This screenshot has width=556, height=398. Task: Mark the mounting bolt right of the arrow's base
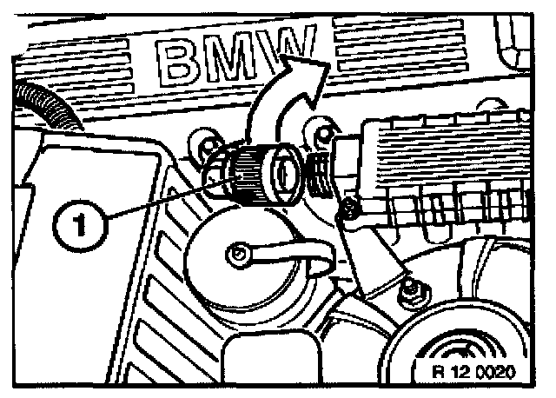[x=322, y=132]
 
